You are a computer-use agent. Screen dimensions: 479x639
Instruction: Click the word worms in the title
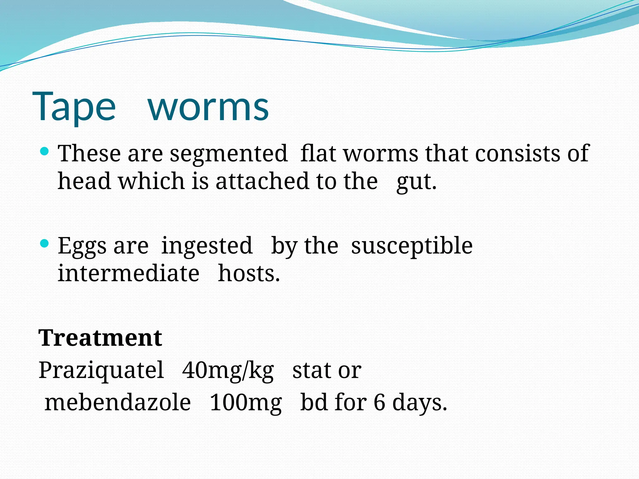pyautogui.click(x=208, y=107)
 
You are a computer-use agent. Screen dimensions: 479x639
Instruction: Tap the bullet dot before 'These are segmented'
pyautogui.click(x=45, y=152)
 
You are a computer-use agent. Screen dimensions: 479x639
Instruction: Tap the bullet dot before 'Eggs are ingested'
pyautogui.click(x=45, y=244)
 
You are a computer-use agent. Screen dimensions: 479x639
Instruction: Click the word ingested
pyautogui.click(x=207, y=246)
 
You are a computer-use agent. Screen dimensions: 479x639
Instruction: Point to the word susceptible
pyautogui.click(x=412, y=246)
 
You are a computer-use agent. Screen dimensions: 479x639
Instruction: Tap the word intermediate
pyautogui.click(x=129, y=273)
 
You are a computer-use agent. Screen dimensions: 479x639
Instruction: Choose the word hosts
pyautogui.click(x=249, y=273)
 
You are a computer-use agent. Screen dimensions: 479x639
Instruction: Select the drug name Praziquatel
pyautogui.click(x=101, y=370)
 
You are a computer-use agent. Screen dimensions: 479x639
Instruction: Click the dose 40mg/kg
pyautogui.click(x=228, y=371)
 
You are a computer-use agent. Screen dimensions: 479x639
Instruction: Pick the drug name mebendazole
pyautogui.click(x=118, y=403)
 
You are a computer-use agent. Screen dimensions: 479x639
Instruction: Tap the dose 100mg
pyautogui.click(x=246, y=403)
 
